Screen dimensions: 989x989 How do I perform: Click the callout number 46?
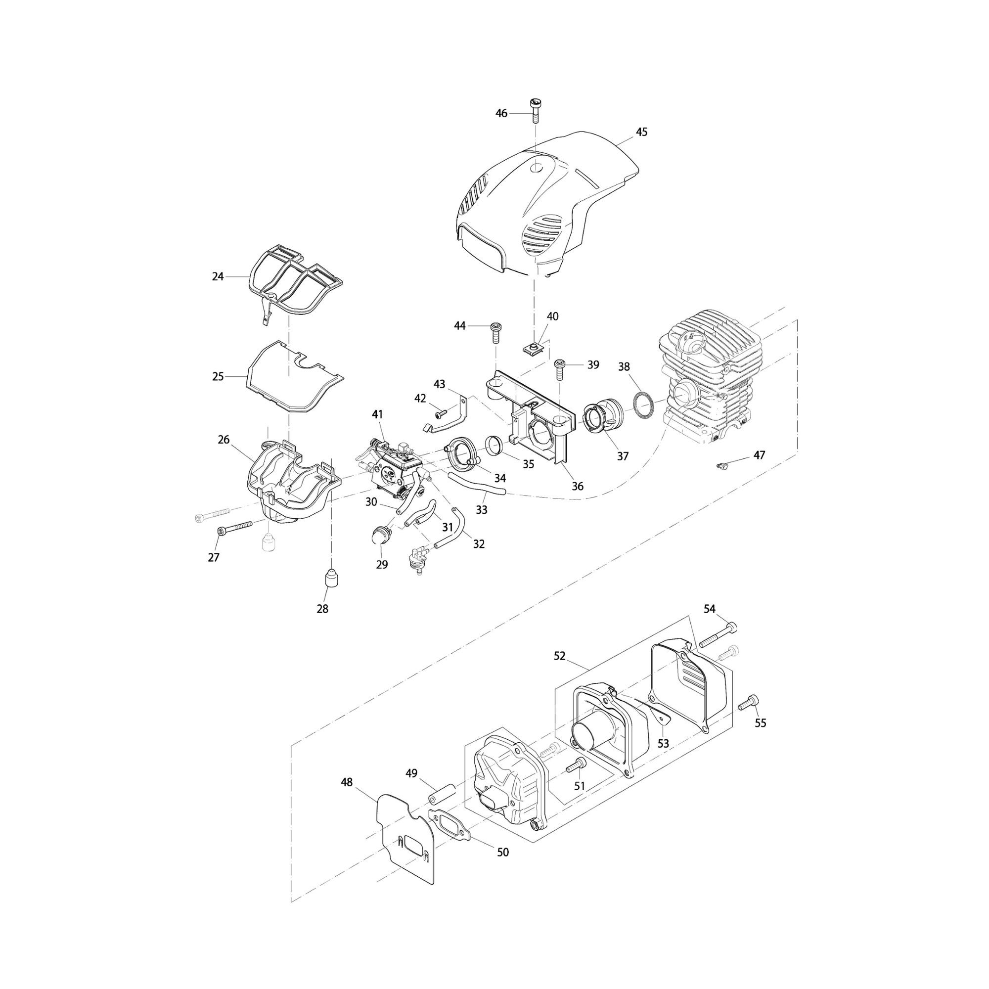[501, 113]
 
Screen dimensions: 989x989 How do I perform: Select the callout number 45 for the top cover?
[641, 132]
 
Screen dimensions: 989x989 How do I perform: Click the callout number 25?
[218, 376]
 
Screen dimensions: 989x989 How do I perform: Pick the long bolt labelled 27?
[235, 527]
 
